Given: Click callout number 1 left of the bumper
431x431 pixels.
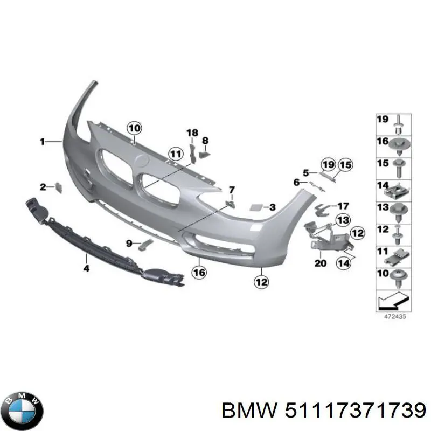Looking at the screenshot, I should (x=42, y=142).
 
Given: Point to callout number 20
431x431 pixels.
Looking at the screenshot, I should (x=321, y=263).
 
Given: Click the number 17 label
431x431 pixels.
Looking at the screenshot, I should (x=343, y=206).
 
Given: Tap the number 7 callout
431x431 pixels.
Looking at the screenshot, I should (x=232, y=190).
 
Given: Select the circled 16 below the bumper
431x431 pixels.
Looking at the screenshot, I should (x=199, y=273).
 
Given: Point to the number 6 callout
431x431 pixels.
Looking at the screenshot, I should (x=296, y=183).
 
